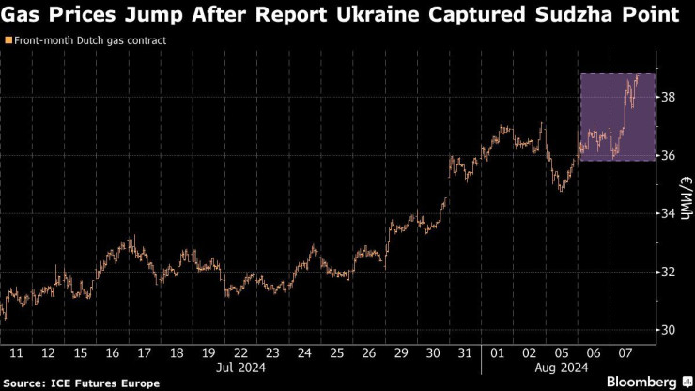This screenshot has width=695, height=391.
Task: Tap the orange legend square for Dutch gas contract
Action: pyautogui.click(x=8, y=41)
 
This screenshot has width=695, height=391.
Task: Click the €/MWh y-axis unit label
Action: pyautogui.click(x=685, y=196)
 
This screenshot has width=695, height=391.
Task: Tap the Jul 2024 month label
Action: pyautogui.click(x=241, y=368)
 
